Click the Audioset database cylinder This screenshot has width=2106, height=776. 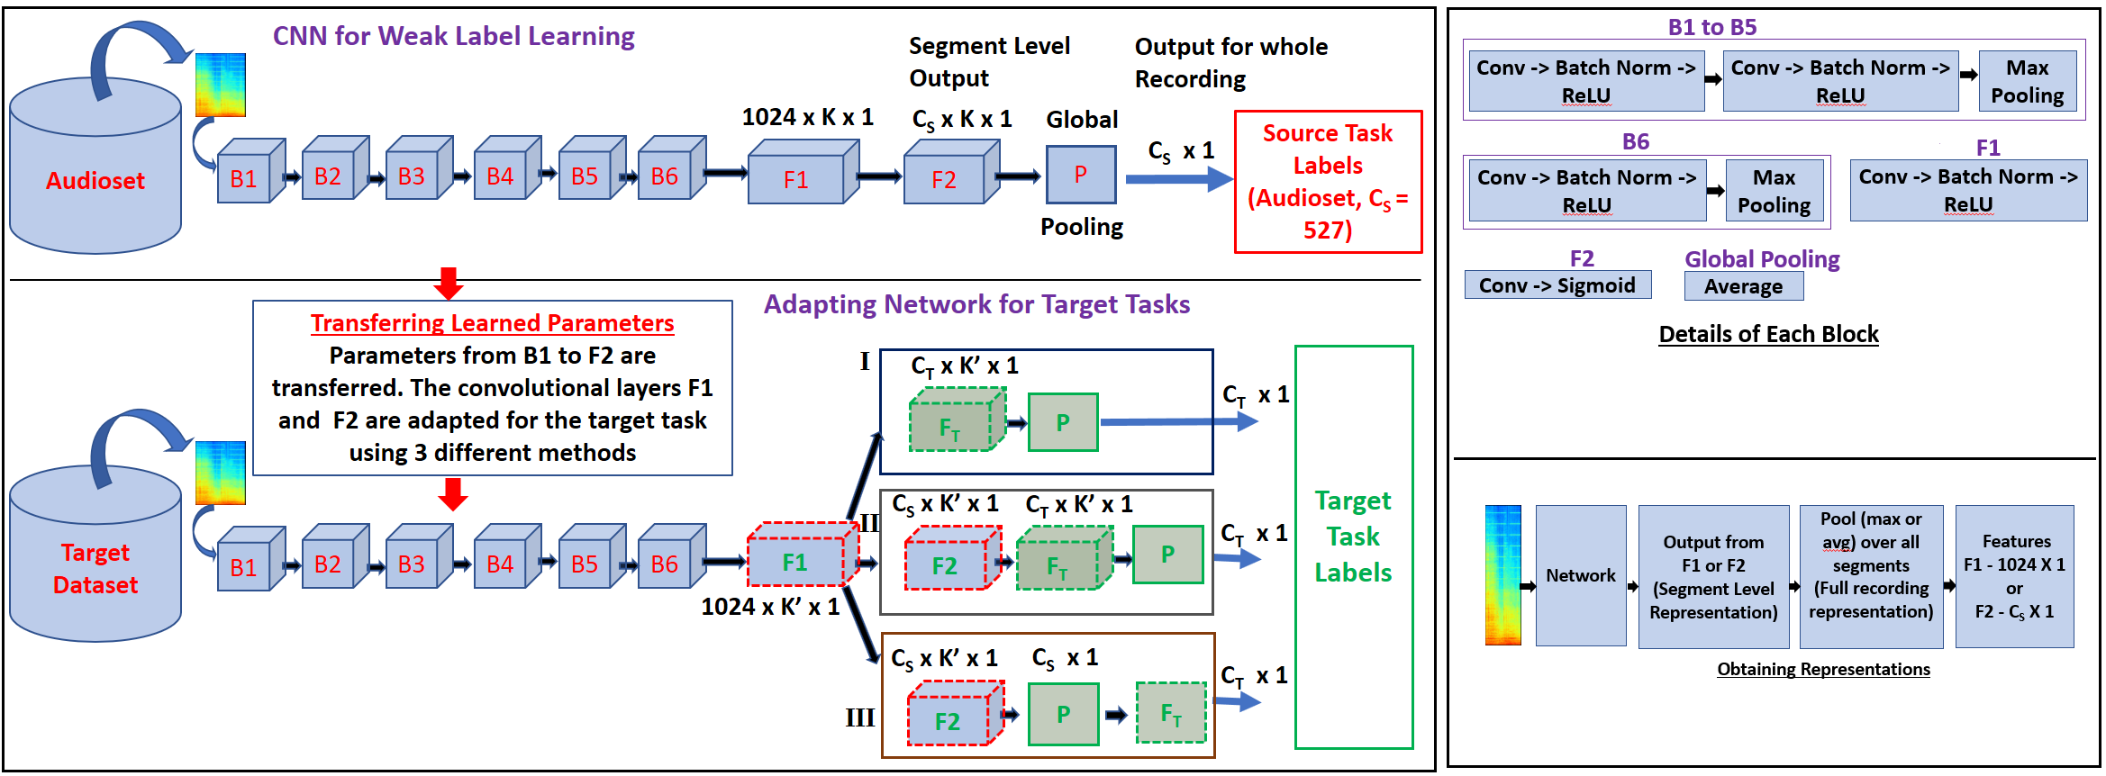point(95,166)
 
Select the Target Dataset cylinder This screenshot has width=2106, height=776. point(95,554)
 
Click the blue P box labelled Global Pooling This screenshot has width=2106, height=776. point(1081,175)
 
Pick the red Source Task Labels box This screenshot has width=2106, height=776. point(1328,182)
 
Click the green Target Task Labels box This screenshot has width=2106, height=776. point(1353,547)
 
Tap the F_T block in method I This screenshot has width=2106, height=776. point(957,420)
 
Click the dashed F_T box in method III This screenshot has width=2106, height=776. point(1171,713)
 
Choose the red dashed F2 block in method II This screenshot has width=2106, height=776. point(952,558)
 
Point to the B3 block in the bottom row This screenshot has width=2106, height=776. point(419,558)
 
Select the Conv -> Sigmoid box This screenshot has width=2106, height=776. point(1557,285)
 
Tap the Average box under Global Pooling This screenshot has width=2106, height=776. point(1744,286)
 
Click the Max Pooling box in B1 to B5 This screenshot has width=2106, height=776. point(2028,81)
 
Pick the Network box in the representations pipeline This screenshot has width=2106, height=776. point(1581,576)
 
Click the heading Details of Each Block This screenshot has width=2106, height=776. point(1769,334)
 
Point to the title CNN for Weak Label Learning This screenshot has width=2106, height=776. point(454,36)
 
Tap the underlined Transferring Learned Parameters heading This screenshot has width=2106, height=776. point(493,322)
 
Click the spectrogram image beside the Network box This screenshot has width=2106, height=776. point(1503,575)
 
